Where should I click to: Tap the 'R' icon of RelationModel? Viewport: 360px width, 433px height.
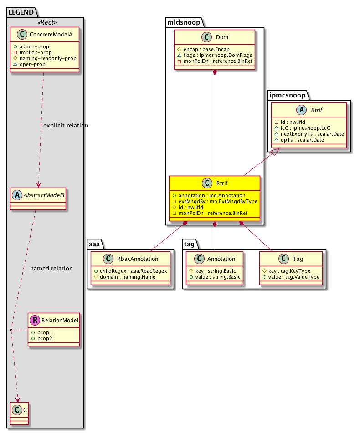pos(35,321)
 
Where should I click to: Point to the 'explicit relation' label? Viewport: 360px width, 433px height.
pos(65,125)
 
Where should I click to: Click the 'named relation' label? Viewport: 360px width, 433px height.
pos(51,268)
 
